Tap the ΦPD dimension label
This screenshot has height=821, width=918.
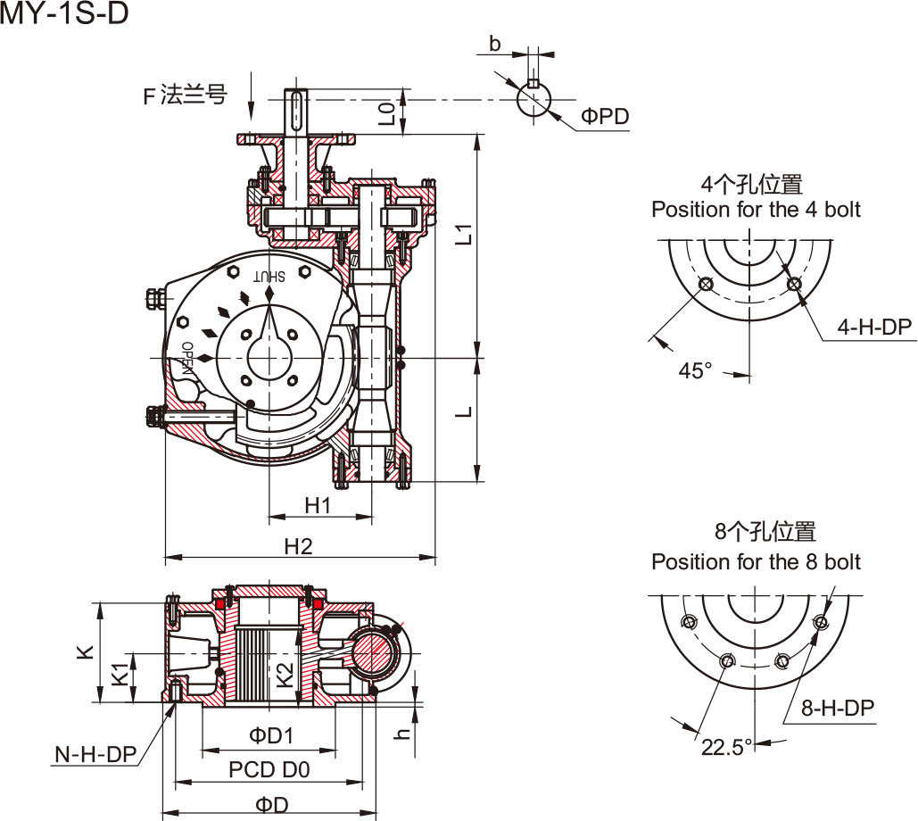click(605, 116)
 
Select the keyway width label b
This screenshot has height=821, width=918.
click(495, 44)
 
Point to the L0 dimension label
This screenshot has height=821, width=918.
click(386, 113)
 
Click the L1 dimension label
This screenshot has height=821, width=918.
click(463, 234)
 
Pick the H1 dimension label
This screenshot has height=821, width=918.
click(318, 505)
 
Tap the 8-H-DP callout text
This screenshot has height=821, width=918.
click(837, 708)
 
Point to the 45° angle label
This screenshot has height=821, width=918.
click(696, 370)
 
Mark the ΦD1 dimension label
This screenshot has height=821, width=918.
click(271, 735)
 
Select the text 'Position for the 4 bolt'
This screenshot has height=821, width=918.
click(756, 210)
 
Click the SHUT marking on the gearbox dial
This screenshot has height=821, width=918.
click(269, 276)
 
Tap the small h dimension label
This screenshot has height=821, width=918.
click(403, 732)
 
